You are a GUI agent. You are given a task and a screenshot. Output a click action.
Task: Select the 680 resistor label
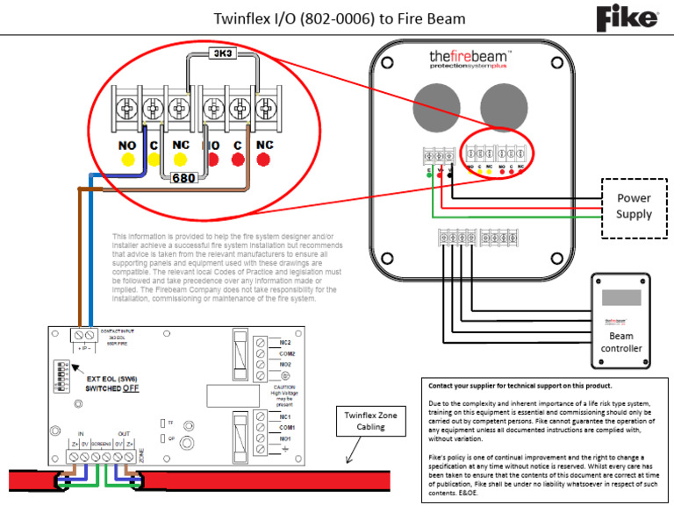183,178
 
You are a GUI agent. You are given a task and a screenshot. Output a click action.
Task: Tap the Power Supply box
634,207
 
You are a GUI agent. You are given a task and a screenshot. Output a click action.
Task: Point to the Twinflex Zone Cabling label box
376,422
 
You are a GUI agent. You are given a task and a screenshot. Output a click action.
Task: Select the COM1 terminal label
286,427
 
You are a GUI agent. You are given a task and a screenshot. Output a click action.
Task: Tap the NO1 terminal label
285,438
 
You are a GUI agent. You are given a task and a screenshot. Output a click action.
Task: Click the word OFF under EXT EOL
131,388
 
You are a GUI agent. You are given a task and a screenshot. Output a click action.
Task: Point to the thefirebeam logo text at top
470,58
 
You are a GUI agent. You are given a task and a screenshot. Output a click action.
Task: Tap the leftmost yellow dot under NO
127,160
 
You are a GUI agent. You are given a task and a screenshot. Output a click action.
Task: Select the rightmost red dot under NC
263,160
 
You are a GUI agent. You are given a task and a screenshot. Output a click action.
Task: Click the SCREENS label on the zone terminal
101,446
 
